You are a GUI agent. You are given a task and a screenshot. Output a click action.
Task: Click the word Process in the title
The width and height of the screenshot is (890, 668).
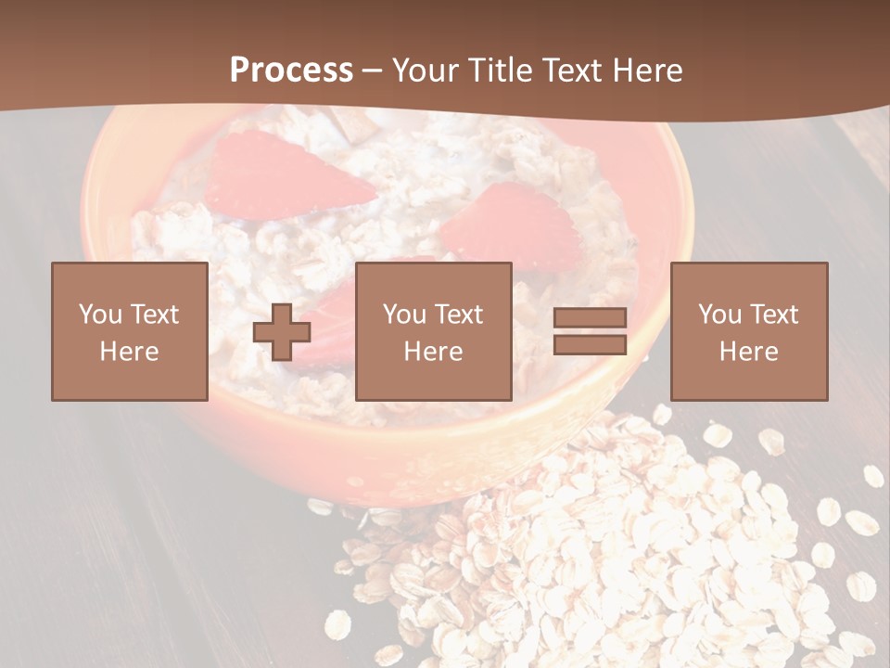[x=291, y=71]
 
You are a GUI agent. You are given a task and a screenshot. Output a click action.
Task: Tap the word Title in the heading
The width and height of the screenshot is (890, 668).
[x=499, y=71]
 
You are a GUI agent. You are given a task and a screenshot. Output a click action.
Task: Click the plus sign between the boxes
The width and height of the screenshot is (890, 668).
[x=282, y=332]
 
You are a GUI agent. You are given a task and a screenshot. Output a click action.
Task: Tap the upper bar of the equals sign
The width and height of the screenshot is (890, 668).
[x=590, y=317]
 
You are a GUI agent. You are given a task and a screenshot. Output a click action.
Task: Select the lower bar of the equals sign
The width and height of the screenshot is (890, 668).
[x=590, y=345]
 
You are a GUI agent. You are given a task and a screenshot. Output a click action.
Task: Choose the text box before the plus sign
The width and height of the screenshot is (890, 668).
[x=129, y=331]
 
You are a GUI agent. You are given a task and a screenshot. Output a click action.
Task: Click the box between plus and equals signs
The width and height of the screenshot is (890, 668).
[x=433, y=331]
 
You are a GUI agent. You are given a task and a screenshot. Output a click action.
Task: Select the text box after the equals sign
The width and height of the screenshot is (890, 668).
[x=748, y=331]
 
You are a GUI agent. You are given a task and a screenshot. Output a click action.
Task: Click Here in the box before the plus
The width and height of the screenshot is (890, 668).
[x=129, y=352]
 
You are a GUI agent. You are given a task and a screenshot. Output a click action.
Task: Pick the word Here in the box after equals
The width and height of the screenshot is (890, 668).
[x=748, y=352]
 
